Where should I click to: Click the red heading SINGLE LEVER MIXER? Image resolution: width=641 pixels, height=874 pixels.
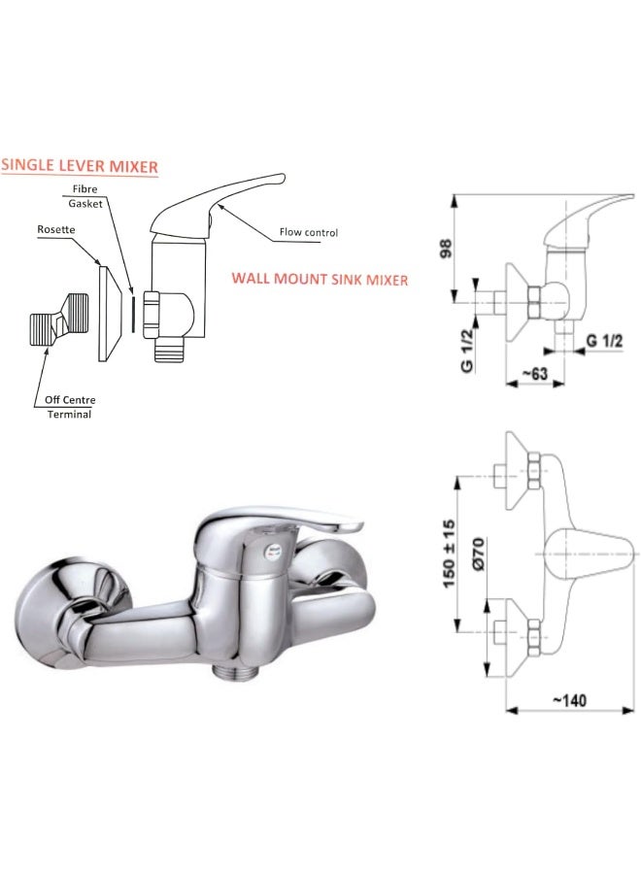click(x=80, y=166)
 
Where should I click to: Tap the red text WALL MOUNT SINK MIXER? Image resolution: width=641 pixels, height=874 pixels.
click(x=320, y=279)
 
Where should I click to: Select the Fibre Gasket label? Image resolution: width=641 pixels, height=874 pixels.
click(x=85, y=196)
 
